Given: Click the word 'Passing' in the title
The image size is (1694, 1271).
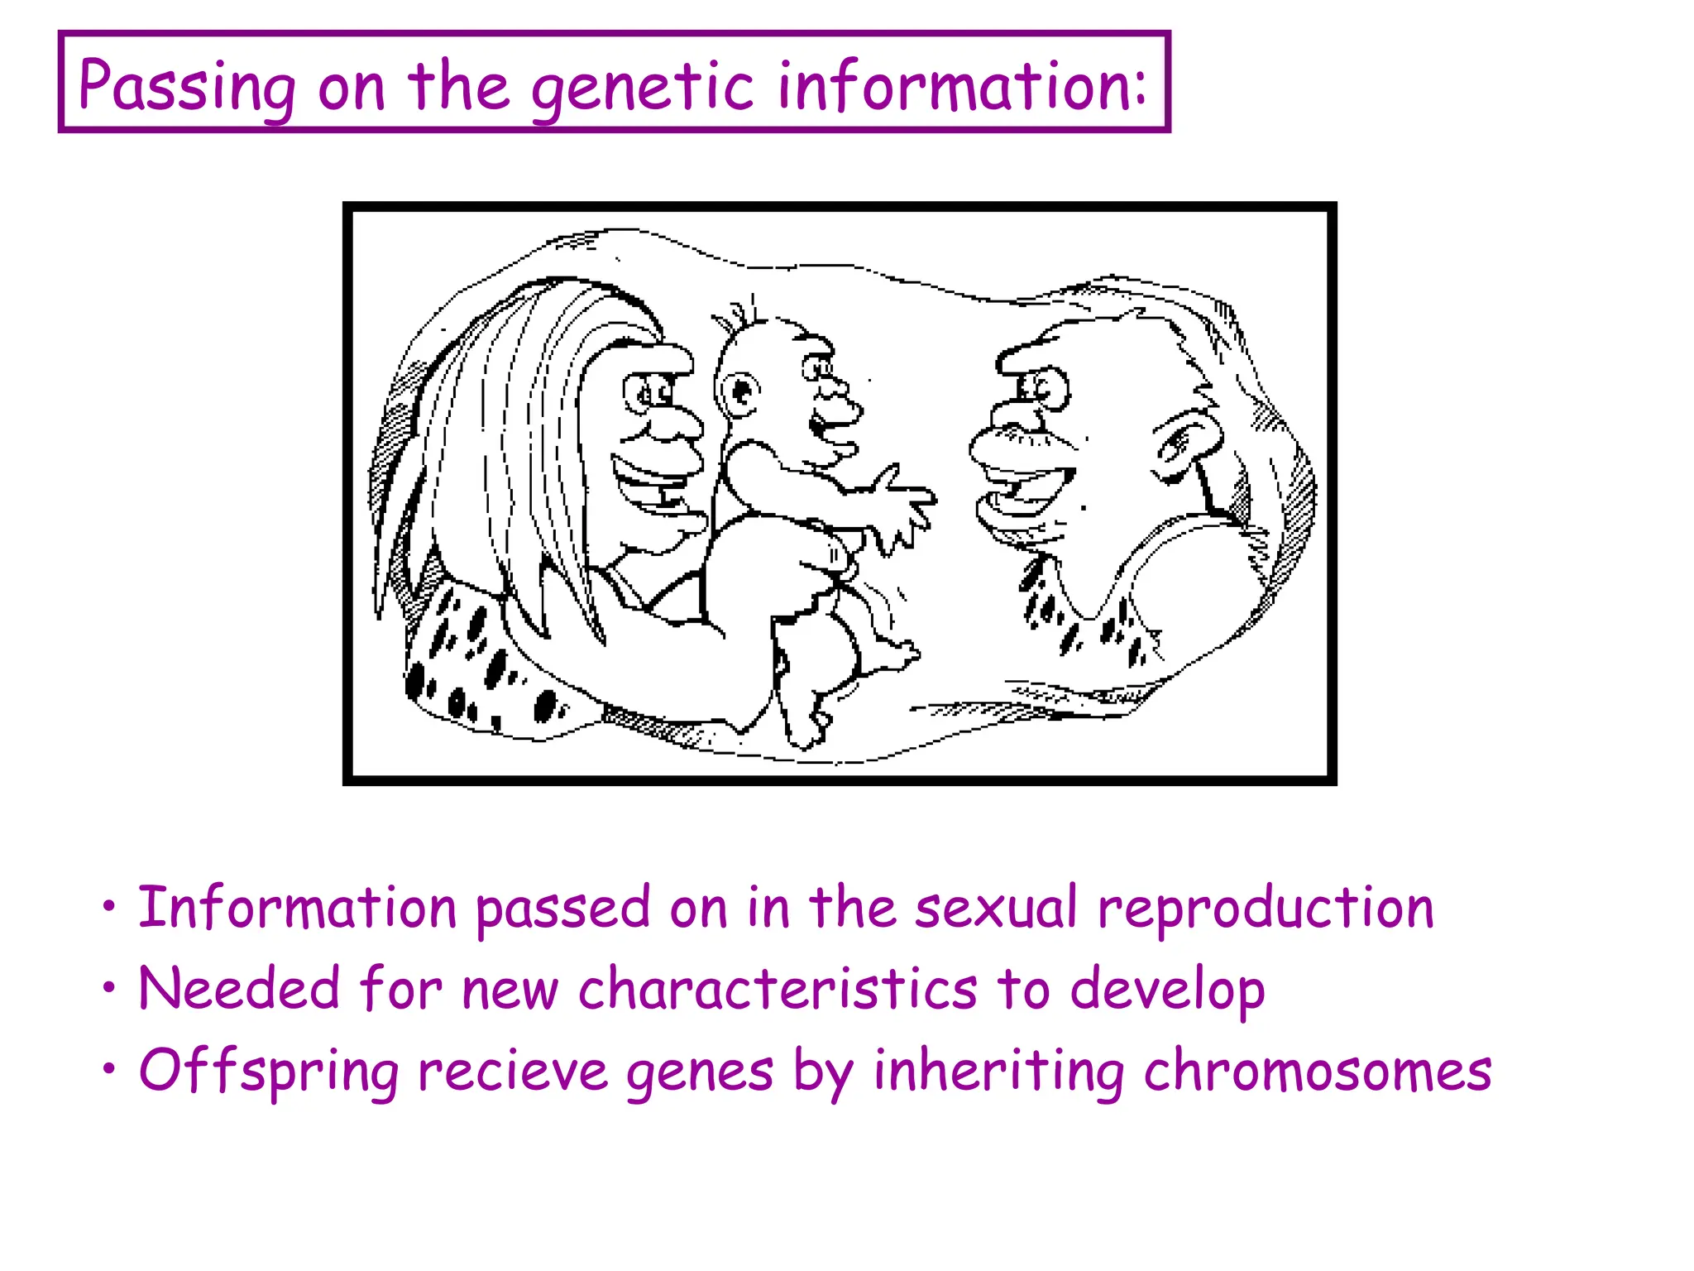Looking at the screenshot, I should [x=187, y=86].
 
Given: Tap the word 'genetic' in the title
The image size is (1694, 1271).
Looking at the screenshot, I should [x=642, y=88].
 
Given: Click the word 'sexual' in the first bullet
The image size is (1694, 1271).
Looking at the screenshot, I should [x=996, y=908].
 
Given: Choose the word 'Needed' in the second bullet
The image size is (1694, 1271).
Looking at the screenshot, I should [x=239, y=988].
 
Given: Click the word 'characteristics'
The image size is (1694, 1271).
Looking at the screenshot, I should [x=778, y=988].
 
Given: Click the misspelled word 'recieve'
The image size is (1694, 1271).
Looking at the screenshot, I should [x=514, y=1070].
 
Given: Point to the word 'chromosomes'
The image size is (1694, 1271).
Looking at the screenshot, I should [x=1318, y=1070].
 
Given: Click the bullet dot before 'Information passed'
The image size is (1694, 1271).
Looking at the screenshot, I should [x=109, y=907].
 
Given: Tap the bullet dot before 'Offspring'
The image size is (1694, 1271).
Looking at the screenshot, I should [x=109, y=1069].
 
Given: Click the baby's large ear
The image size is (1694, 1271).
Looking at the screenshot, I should [x=739, y=393].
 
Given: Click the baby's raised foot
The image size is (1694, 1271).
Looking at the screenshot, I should [x=902, y=655].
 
